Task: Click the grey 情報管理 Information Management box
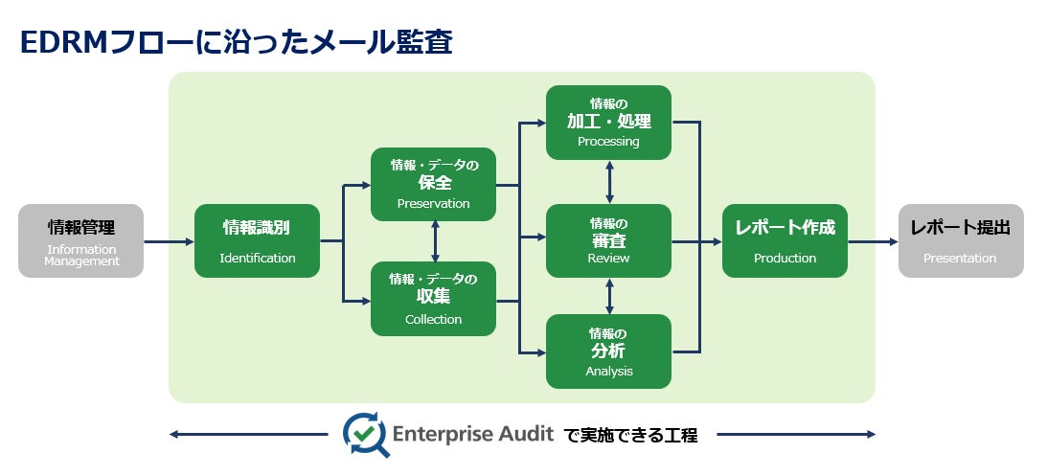[x=80, y=240]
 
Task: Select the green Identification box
[x=257, y=240]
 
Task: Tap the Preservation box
[x=433, y=184]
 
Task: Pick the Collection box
[x=433, y=298]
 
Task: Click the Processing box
[x=608, y=122]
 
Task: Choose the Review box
[x=608, y=240]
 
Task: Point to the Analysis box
[x=608, y=351]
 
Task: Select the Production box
[x=785, y=240]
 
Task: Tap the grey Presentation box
[x=960, y=240]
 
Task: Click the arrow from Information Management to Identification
[x=169, y=241]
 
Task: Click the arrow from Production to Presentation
[x=873, y=241]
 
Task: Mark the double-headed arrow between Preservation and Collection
[x=436, y=240]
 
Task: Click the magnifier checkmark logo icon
[x=365, y=434]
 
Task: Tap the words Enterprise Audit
[x=473, y=434]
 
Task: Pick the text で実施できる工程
[x=630, y=435]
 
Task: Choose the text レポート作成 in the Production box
[x=785, y=228]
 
